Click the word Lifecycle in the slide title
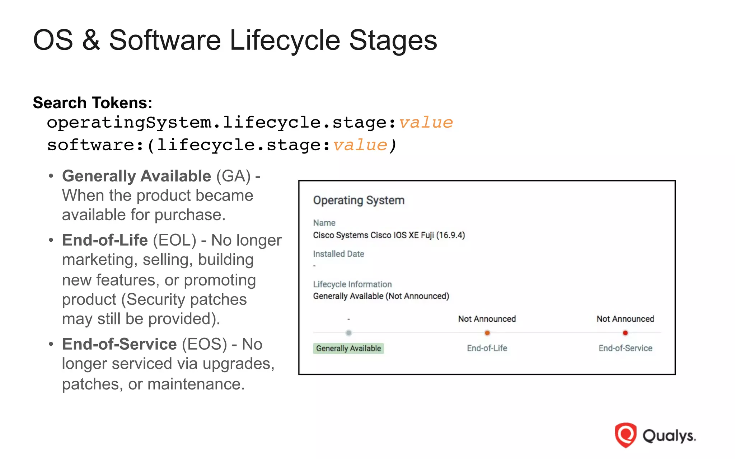(x=285, y=40)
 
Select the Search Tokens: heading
(x=93, y=103)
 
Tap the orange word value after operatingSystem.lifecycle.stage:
(x=426, y=123)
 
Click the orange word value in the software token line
(x=360, y=145)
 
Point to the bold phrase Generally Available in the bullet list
(x=136, y=176)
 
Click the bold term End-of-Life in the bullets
(x=105, y=240)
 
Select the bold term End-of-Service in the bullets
(x=119, y=344)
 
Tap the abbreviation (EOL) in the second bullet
(x=174, y=240)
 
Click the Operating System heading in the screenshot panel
(x=359, y=200)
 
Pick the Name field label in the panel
(x=324, y=223)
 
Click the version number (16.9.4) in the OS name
(x=450, y=235)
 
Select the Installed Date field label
(x=338, y=254)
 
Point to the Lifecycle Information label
(x=352, y=284)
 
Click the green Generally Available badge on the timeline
(x=348, y=348)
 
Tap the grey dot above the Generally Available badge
(x=348, y=333)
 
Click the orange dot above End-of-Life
(x=487, y=333)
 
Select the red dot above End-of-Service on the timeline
(x=625, y=333)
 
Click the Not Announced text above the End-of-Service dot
(x=625, y=319)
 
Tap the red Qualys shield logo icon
(x=625, y=435)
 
